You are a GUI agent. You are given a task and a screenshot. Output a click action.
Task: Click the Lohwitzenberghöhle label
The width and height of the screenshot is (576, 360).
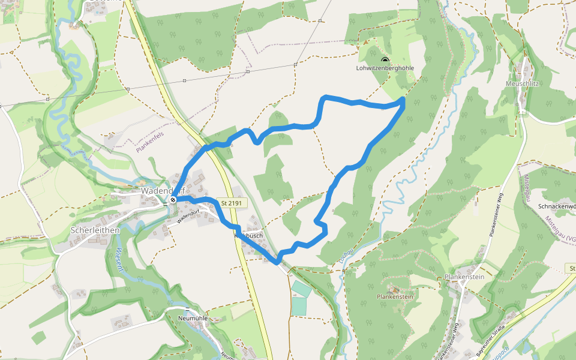pos(385,68)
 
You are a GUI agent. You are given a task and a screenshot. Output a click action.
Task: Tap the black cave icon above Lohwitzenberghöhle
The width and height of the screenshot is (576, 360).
pos(385,60)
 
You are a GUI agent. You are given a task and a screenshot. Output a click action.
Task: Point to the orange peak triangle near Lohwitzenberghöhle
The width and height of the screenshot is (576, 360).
pos(364,43)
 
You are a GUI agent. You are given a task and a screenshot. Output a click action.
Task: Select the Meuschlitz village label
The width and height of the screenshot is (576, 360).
pos(523,83)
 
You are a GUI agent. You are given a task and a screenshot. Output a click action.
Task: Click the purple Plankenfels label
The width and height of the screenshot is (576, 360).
pos(150,143)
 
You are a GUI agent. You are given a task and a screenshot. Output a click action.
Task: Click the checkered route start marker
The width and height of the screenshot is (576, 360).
pos(173,199)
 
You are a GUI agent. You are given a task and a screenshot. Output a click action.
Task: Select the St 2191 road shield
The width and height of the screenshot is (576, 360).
pos(230,203)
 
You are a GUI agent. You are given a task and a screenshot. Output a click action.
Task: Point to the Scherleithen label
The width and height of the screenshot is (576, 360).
pos(95,230)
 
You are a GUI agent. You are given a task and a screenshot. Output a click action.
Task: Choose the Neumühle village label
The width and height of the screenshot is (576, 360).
pos(192,317)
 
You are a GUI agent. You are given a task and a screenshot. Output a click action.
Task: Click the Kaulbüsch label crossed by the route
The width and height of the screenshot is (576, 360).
pos(248,236)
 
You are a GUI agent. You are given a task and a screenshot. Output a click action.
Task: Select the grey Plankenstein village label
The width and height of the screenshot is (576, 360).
pos(464,277)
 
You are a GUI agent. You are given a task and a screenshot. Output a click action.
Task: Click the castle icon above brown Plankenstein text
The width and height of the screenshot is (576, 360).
pos(394,289)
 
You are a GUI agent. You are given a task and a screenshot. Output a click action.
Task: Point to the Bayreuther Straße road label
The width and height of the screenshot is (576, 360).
pos(491,343)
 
